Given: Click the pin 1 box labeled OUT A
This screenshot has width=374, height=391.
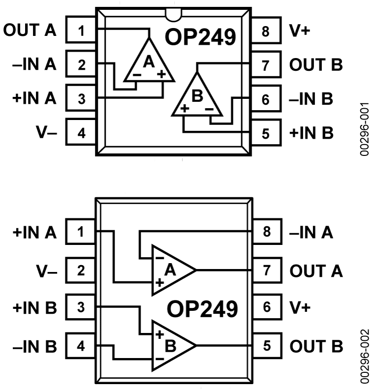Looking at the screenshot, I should (x=81, y=32).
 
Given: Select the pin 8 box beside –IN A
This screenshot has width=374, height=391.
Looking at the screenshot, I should (x=266, y=232).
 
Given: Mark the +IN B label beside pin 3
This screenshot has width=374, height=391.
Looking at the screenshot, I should (x=34, y=308).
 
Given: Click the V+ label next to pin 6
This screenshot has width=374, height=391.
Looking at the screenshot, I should (x=301, y=308).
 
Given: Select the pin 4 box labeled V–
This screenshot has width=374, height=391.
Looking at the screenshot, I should (x=81, y=133).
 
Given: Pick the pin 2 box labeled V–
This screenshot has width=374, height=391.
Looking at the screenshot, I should (x=81, y=270).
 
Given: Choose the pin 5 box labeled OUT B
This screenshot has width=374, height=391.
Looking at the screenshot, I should (x=266, y=346).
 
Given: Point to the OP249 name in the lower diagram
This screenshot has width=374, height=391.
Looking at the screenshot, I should (x=202, y=309).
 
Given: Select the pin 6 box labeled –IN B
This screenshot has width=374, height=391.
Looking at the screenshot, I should (x=266, y=99).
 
